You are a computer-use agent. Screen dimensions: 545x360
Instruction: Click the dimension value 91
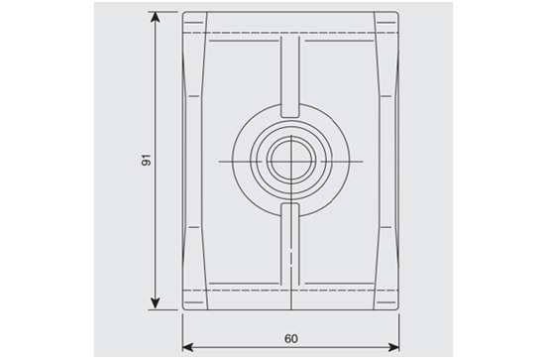click(x=147, y=160)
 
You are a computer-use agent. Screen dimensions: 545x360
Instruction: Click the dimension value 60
click(x=291, y=338)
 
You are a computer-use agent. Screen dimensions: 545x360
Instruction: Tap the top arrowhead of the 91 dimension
click(x=156, y=18)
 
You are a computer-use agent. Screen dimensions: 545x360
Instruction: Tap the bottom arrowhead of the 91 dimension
click(x=156, y=303)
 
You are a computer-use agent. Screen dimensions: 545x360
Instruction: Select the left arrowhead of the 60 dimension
click(x=188, y=347)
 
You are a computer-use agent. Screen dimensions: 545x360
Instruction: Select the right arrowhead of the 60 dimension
click(x=393, y=347)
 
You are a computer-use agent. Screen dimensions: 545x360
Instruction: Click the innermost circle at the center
click(x=291, y=160)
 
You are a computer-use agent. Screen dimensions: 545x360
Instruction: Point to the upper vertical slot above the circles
click(x=290, y=75)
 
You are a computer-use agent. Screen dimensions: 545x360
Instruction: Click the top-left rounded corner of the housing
click(x=184, y=13)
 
